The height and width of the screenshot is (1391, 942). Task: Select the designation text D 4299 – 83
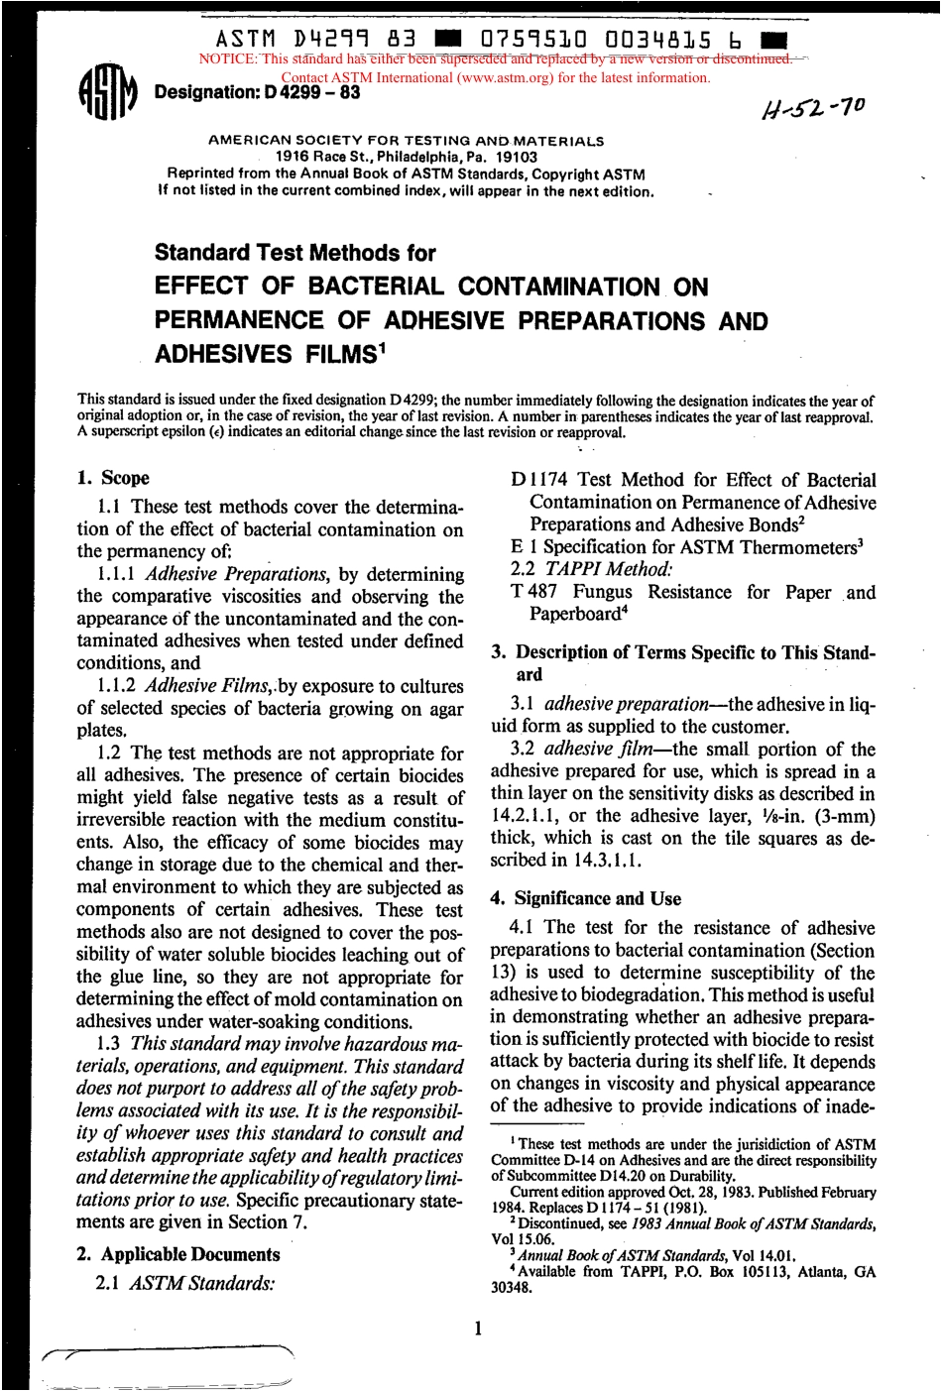point(310,93)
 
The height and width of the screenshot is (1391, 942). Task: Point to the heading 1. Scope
point(113,478)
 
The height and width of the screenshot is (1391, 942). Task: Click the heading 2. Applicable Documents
point(178,1254)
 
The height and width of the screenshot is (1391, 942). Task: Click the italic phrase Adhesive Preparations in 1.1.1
point(236,574)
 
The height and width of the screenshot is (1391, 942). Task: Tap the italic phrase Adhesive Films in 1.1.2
point(208,686)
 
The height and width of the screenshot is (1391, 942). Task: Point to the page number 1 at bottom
point(477,1328)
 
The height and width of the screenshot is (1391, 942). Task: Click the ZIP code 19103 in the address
point(516,157)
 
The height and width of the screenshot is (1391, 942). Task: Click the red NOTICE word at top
point(228,58)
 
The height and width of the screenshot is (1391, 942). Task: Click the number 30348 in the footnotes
point(512,1288)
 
